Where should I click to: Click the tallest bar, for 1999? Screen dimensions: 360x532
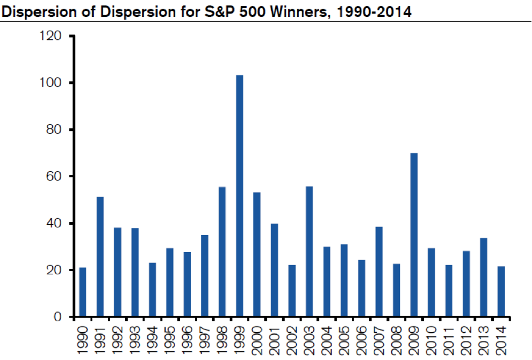(240, 196)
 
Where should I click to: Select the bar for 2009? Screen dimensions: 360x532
(414, 235)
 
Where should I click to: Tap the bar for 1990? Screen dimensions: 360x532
(82, 292)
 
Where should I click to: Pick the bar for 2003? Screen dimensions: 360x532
(309, 251)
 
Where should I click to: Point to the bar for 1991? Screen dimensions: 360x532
(100, 257)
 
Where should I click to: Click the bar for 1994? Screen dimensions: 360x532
(152, 290)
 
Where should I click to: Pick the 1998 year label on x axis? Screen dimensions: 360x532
(222, 338)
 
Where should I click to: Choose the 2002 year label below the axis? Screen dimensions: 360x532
(292, 338)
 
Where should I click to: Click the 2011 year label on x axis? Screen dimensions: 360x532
(449, 338)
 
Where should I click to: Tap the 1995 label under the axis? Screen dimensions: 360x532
(170, 338)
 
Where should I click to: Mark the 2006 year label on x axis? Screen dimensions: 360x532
(362, 338)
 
